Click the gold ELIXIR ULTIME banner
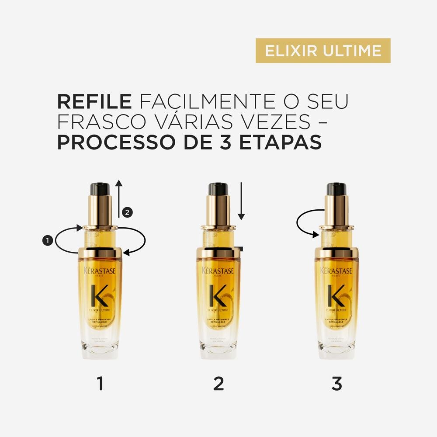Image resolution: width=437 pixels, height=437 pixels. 323,51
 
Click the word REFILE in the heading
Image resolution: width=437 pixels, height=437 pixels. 94,101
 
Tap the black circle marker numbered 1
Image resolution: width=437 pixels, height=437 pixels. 47,239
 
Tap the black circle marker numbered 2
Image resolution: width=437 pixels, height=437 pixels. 126,213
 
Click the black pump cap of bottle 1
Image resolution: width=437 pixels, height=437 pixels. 100,189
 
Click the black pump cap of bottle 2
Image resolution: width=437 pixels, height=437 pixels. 218,189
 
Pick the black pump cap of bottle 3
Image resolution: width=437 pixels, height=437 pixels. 336,189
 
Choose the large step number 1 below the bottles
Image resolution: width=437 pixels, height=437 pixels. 100,384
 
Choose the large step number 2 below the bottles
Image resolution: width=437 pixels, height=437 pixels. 218,384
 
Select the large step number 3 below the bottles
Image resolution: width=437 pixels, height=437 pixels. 336,384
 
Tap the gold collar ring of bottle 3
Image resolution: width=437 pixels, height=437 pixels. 336,252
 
